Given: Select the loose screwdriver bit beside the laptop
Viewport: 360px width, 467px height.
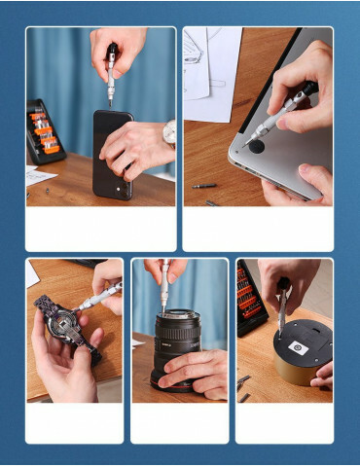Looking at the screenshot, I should click(x=203, y=185).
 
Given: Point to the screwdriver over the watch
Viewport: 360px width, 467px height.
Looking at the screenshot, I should click(x=97, y=296).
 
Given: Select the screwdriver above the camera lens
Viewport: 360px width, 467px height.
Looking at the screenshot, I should click(x=165, y=287).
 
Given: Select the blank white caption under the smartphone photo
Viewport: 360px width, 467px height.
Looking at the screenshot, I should click(x=101, y=229).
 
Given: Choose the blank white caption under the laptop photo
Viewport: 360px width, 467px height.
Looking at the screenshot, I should click(x=258, y=229).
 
